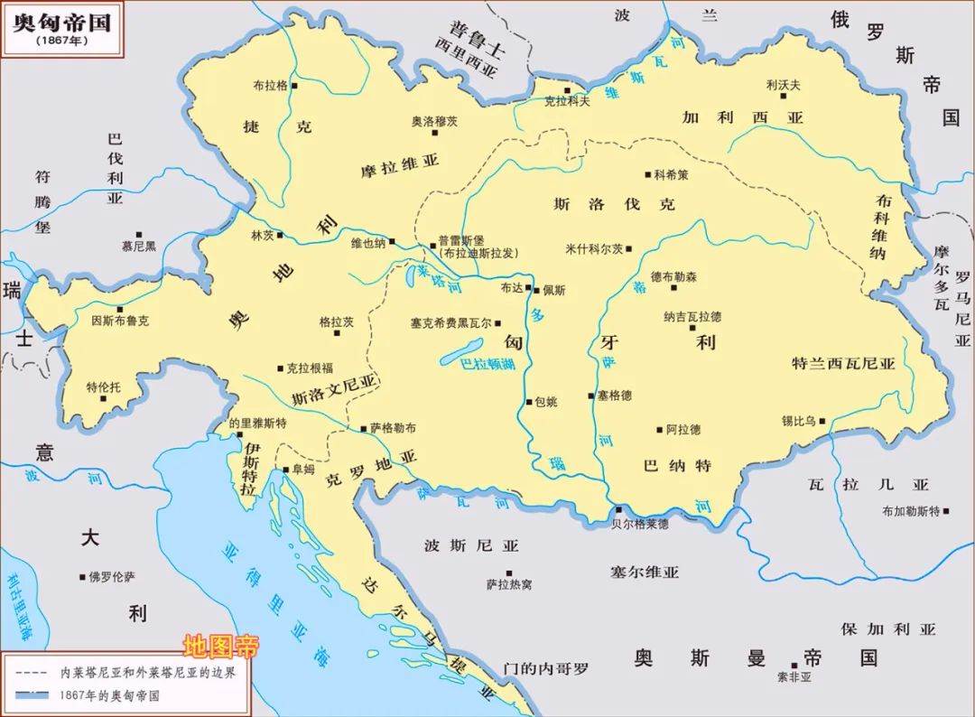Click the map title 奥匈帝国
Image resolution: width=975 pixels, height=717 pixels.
[x=61, y=23]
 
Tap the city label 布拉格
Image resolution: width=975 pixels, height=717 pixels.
[x=270, y=86]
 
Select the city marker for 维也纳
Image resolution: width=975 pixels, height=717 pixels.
[x=393, y=241]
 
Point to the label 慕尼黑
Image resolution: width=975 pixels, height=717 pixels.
[x=139, y=245]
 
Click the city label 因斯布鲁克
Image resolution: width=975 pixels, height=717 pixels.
[x=121, y=320]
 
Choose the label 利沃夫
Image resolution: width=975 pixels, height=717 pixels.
[x=783, y=84]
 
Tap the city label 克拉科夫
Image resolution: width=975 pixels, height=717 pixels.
[x=566, y=101]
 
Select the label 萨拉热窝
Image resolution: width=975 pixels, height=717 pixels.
[x=509, y=585]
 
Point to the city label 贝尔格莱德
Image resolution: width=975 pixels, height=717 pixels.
[x=640, y=524]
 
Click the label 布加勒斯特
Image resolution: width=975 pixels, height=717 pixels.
[x=911, y=511]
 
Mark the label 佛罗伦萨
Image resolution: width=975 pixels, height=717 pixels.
[x=111, y=576]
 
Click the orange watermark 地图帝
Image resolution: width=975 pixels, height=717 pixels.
[x=221, y=647]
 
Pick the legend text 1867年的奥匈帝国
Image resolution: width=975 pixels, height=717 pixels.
[x=108, y=696]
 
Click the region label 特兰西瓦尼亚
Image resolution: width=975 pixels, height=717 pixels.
[x=843, y=364]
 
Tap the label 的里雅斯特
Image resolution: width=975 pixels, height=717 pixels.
[x=257, y=423]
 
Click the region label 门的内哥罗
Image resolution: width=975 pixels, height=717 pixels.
[x=544, y=668]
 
